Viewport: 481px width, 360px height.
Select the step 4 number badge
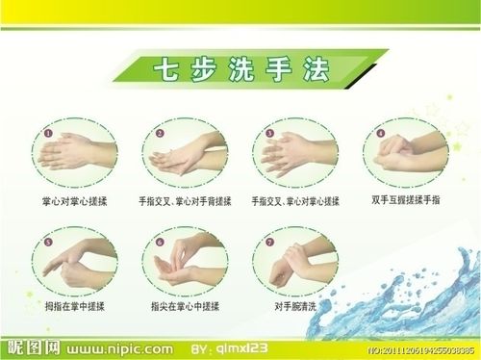coord(380,133)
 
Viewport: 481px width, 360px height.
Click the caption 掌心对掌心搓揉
coord(73,201)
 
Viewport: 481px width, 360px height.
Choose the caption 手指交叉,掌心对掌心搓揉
coord(295,201)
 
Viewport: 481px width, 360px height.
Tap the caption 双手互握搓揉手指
coord(405,201)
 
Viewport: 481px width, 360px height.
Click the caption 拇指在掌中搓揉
coord(73,306)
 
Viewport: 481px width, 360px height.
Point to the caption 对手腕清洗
coord(295,306)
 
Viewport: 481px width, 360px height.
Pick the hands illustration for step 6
coord(187,262)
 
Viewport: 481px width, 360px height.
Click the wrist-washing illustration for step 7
coord(296,264)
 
